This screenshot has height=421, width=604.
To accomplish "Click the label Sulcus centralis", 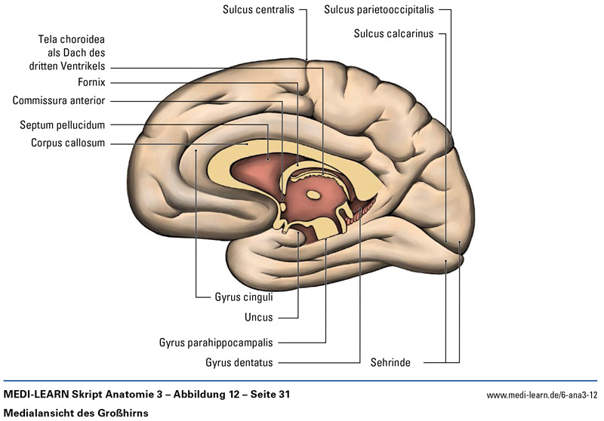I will click(259, 11).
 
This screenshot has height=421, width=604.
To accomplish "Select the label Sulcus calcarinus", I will click(393, 34).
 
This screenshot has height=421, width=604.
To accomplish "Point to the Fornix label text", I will click(91, 82).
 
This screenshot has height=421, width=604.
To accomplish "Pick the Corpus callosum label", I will click(68, 143).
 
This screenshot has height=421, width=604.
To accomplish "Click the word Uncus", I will click(259, 318).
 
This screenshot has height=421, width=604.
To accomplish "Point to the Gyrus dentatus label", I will click(239, 362).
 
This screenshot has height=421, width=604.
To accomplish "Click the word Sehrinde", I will click(390, 362).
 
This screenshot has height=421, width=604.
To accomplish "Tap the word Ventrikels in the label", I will click(83, 66).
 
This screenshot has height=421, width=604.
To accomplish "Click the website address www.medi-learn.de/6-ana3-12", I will click(542, 395).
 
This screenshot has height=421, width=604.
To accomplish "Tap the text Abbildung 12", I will click(192, 395).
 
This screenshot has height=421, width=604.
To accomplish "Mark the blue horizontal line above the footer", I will click(302, 380).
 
